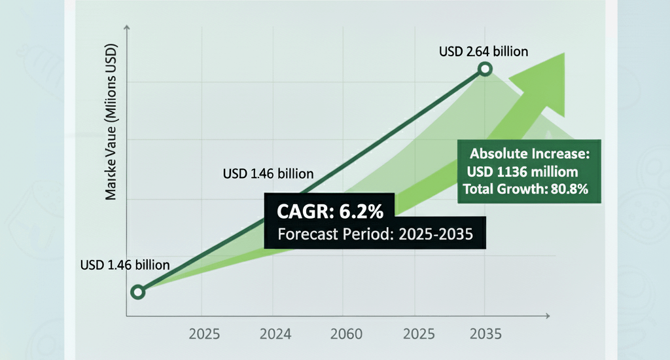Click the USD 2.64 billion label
[x=484, y=51]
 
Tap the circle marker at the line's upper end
[x=485, y=69]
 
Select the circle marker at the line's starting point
[x=137, y=292]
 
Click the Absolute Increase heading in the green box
[x=530, y=155]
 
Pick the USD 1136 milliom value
[x=523, y=172]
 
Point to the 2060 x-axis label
[x=346, y=334]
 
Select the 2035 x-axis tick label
[x=485, y=334]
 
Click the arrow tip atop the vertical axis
[x=126, y=28]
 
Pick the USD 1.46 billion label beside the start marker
[x=125, y=265]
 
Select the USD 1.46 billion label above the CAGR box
[x=268, y=174]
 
